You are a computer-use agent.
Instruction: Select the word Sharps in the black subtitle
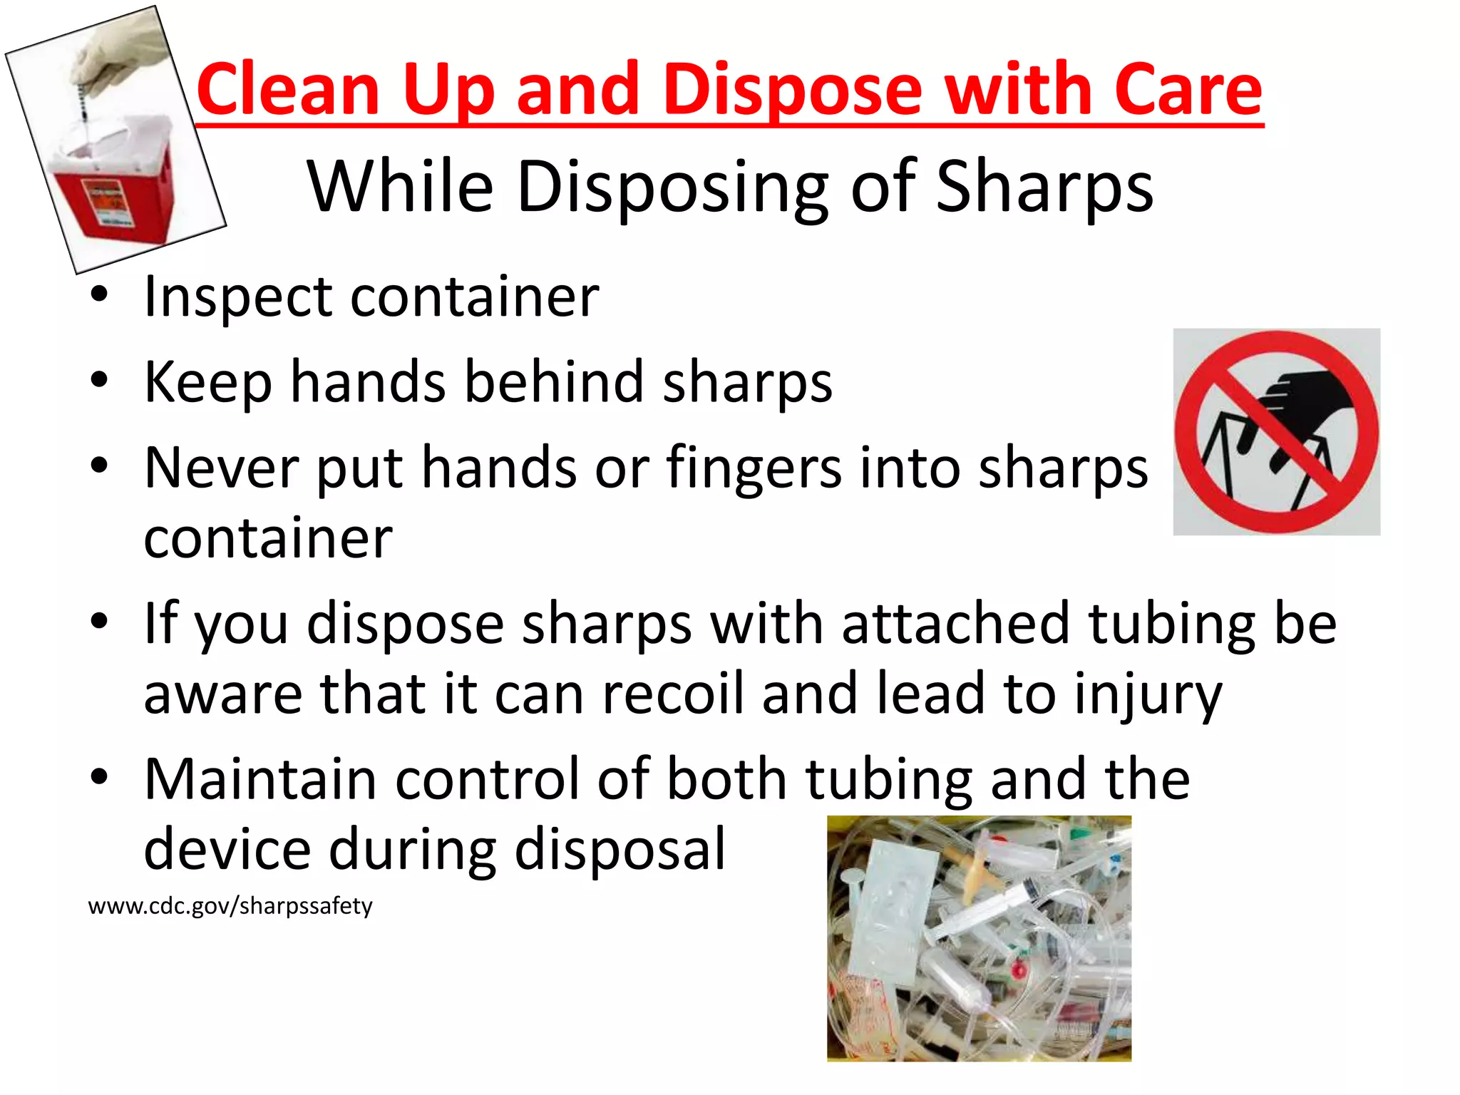pos(1044,187)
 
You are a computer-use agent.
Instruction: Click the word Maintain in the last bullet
pos(260,778)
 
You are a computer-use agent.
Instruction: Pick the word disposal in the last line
pos(620,848)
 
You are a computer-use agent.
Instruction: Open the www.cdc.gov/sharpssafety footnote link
pos(230,906)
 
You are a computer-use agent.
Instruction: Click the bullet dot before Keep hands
pos(99,380)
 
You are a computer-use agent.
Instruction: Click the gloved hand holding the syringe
pos(114,57)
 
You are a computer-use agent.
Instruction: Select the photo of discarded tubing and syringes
pos(979,938)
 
